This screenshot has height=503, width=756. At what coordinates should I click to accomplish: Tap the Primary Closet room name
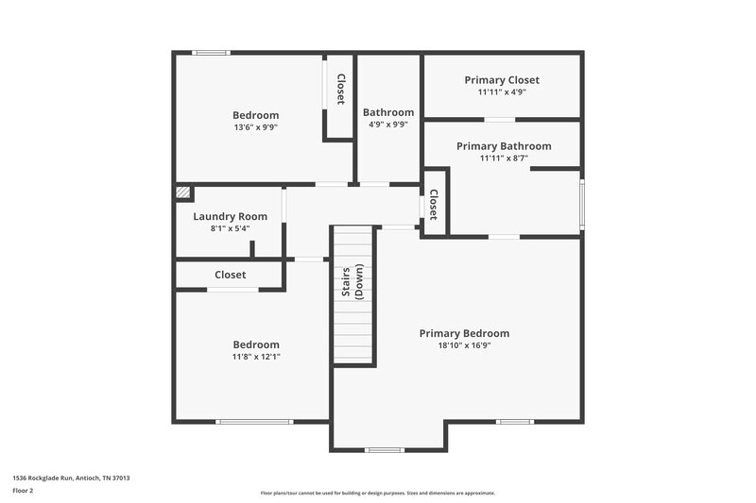(502, 80)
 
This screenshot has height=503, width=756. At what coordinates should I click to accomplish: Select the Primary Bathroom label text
(504, 146)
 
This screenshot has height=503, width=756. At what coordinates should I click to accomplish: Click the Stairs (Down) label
(352, 282)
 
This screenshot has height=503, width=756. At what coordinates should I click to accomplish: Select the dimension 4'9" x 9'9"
(388, 124)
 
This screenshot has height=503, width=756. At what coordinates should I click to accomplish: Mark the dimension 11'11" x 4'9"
(502, 92)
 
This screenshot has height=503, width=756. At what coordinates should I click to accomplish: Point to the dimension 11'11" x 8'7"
(504, 159)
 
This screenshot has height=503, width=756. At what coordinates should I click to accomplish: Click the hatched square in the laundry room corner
(183, 193)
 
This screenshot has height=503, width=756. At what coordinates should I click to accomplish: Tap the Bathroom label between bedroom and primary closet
(388, 112)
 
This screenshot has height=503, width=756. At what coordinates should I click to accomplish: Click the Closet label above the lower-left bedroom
(230, 275)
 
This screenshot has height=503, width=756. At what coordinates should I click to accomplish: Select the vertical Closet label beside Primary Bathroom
(434, 205)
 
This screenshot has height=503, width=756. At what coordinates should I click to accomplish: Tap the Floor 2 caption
(23, 491)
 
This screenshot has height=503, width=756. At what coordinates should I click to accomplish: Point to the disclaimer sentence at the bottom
(377, 493)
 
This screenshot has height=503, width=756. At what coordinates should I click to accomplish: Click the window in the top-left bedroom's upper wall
(211, 53)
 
